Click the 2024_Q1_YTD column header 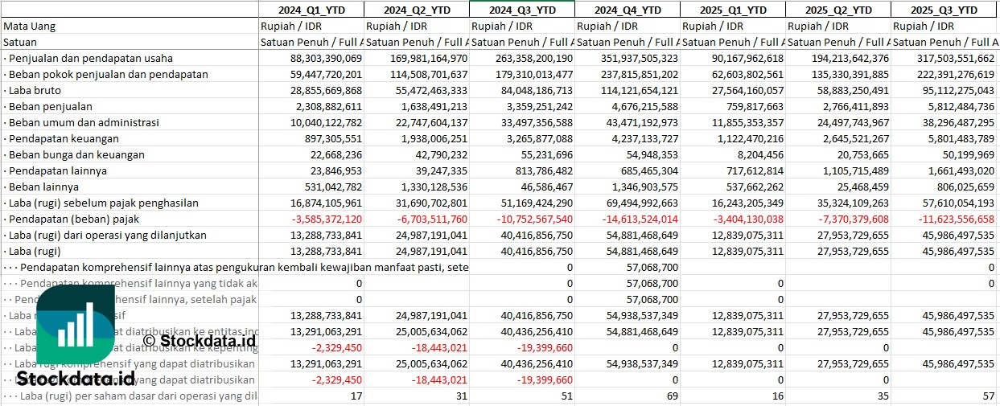tap(311, 10)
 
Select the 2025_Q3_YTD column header tap(944, 10)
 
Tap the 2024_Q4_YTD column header tap(628, 10)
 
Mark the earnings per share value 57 tap(988, 396)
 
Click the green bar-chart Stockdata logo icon tap(76, 326)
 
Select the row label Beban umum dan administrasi tap(84, 122)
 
